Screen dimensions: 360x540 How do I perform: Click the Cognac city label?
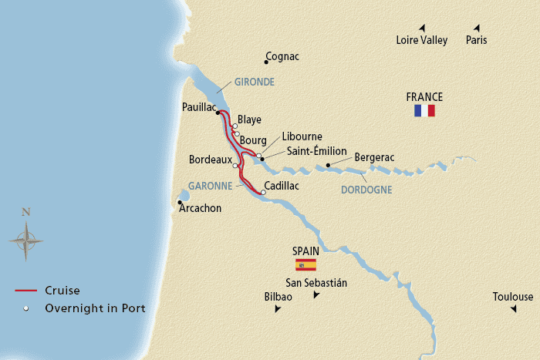click(x=282, y=57)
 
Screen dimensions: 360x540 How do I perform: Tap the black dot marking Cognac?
click(x=266, y=62)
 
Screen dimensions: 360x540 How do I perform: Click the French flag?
click(x=424, y=111)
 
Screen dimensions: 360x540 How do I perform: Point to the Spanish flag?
click(x=306, y=264)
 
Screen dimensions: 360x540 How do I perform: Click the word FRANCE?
click(x=424, y=97)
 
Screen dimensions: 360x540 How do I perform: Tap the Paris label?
click(x=476, y=41)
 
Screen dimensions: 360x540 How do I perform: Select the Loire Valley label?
click(x=421, y=41)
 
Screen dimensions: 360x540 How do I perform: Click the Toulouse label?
click(x=513, y=297)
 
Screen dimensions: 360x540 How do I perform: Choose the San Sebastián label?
click(x=316, y=283)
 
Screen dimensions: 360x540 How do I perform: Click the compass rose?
click(x=25, y=240)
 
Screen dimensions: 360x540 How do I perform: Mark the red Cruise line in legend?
click(x=25, y=291)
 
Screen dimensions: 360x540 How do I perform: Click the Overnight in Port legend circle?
click(x=25, y=308)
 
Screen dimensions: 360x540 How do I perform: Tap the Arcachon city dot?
click(x=180, y=204)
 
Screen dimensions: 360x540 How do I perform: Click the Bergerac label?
click(x=374, y=157)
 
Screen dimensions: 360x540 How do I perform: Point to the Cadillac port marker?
click(x=262, y=193)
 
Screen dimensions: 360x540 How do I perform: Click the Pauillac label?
click(x=199, y=108)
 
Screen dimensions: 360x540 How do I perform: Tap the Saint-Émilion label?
click(x=317, y=151)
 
